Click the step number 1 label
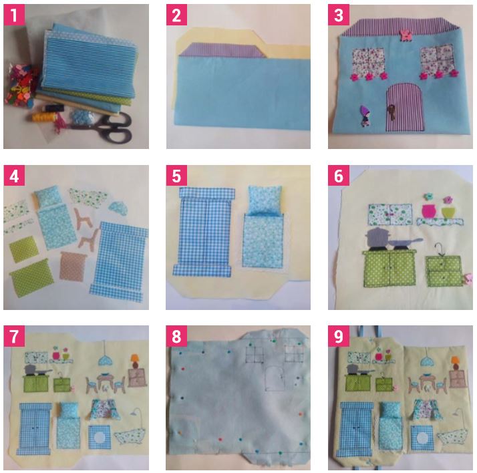14,15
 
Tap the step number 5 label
176,176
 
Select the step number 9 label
339,336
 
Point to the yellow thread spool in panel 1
43,117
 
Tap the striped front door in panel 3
405,107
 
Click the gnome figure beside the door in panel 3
365,116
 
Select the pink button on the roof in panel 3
406,34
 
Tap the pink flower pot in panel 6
428,211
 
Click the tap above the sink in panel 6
439,249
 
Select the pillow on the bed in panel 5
264,200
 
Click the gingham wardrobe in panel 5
204,232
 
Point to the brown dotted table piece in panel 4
73,265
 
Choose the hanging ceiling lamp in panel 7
106,358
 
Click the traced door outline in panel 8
275,378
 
